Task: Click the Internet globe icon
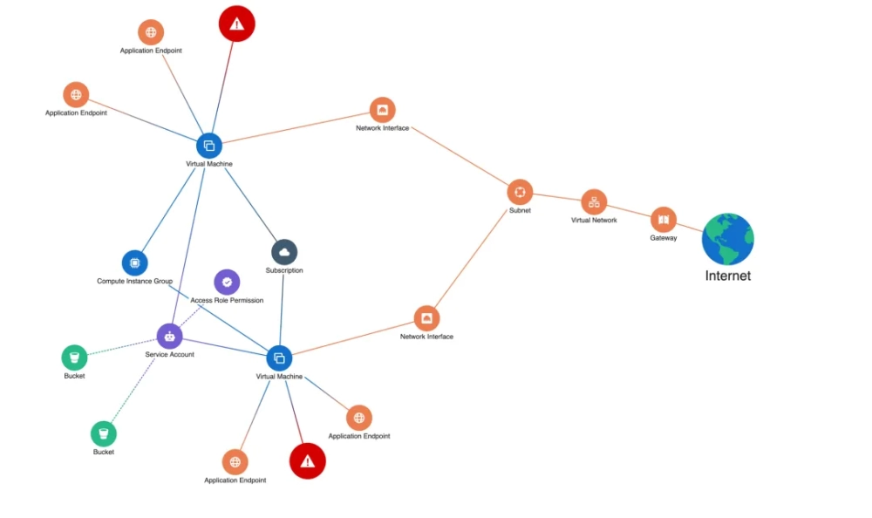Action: pos(727,239)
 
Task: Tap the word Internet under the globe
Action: pos(727,276)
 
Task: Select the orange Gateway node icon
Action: pos(664,220)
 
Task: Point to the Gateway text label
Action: pos(664,238)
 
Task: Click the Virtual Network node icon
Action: pos(594,202)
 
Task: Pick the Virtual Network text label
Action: pos(594,221)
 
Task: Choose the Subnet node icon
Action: pos(520,193)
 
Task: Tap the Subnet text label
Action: pos(520,211)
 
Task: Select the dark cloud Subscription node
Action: pos(284,252)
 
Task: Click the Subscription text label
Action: pos(284,270)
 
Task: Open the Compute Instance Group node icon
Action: pos(134,262)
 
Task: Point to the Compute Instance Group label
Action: pos(134,282)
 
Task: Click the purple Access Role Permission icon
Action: pos(227,282)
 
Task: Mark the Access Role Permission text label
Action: pos(227,300)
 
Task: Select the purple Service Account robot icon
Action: pos(169,336)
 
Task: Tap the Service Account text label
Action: pos(169,354)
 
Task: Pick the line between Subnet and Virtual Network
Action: pos(556,198)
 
